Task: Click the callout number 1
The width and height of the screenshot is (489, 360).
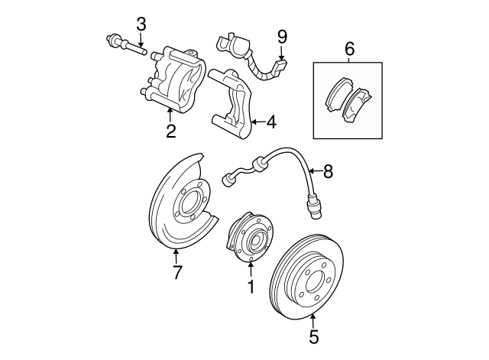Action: point(250,287)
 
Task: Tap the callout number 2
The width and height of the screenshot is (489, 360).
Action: point(170,131)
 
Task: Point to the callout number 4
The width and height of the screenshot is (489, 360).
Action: point(271,122)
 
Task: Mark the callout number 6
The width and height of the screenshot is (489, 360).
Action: point(349,48)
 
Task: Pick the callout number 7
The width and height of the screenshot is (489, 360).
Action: point(176,271)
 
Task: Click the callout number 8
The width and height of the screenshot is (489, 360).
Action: point(328,172)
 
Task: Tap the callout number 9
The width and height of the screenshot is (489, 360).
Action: point(282,36)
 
